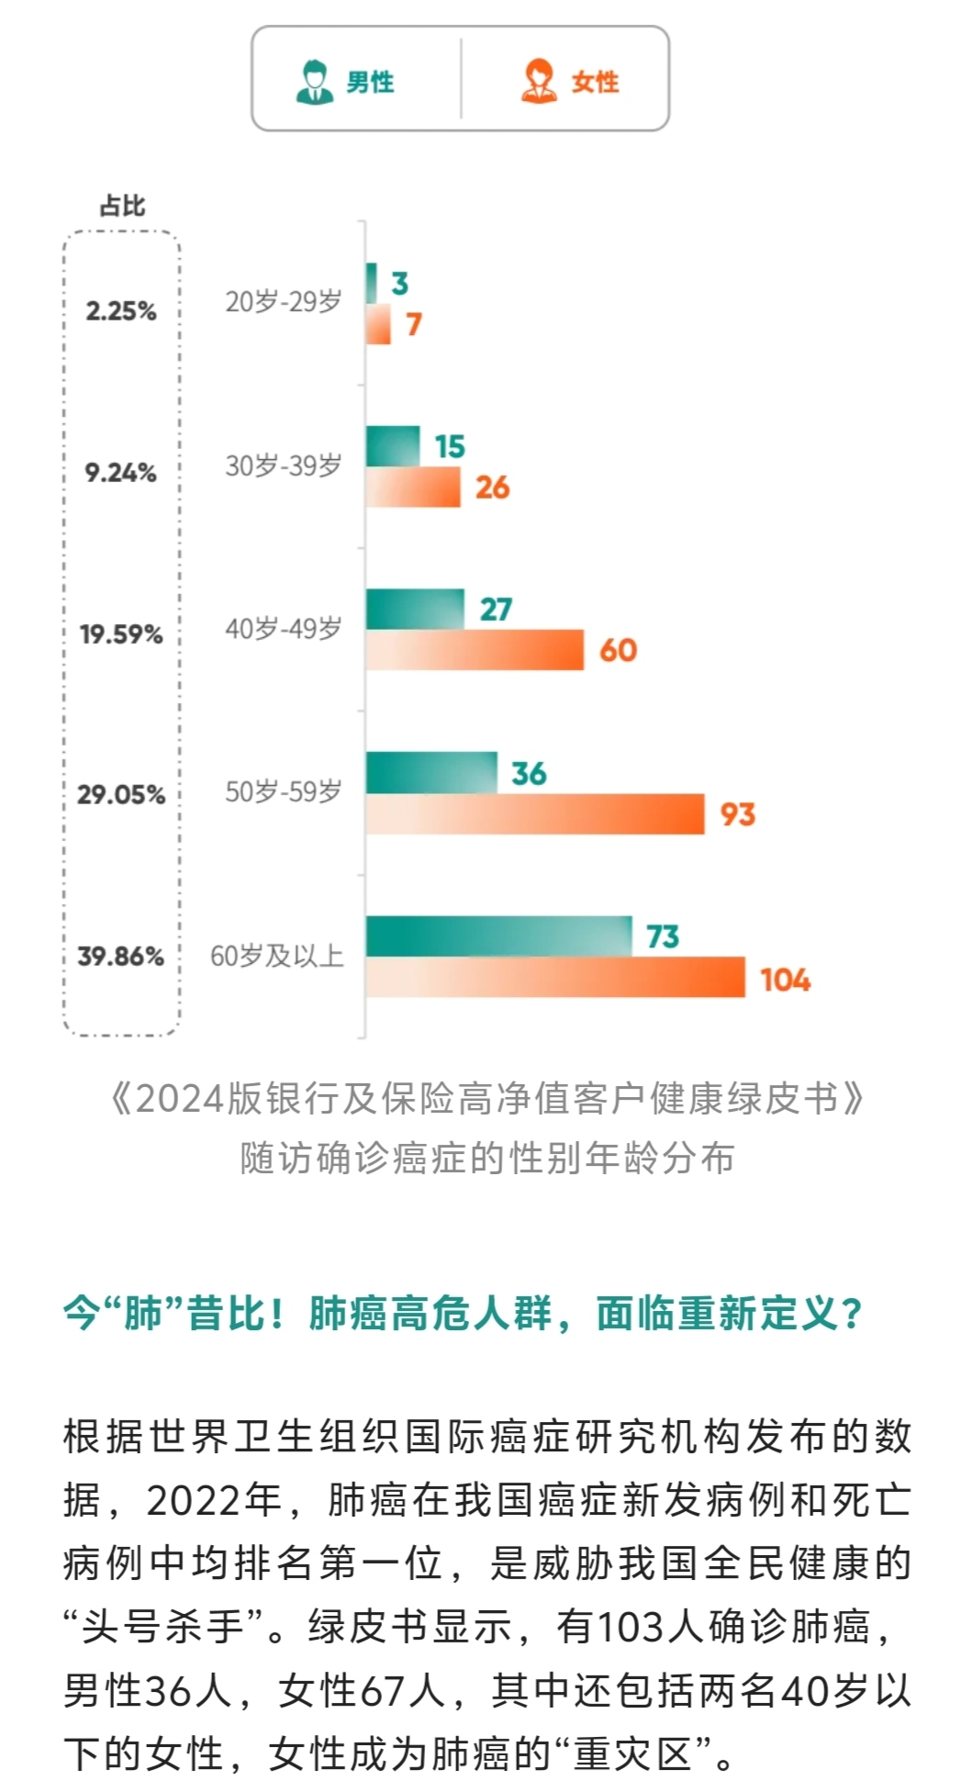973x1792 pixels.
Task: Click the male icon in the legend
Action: (314, 81)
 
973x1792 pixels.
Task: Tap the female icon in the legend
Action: (539, 81)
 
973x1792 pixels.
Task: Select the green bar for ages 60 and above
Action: (498, 936)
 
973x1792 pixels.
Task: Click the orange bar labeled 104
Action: (555, 977)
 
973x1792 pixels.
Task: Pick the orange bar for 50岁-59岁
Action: (534, 814)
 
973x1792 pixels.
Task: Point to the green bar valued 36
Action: (431, 773)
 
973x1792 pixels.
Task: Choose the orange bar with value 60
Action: (475, 650)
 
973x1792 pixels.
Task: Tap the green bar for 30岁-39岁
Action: (393, 446)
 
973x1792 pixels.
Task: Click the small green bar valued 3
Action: (371, 283)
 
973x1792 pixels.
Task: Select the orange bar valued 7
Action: (378, 324)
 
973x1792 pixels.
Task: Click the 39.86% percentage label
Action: (120, 957)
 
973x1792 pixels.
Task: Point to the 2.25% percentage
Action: (121, 311)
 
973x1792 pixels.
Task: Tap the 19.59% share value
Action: (121, 634)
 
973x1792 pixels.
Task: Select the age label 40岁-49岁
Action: (283, 630)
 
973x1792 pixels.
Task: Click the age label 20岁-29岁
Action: (283, 302)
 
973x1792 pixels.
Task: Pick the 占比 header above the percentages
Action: (122, 206)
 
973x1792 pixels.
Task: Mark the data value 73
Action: (662, 936)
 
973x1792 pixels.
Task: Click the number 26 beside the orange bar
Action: (492, 487)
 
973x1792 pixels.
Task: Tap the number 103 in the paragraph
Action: (631, 1628)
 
